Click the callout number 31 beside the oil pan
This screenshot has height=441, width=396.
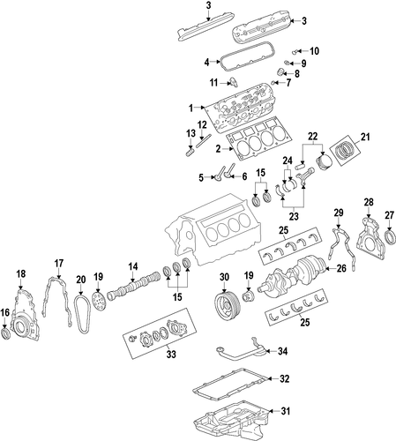pyautogui.click(x=285, y=411)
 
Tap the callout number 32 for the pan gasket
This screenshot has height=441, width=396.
pyautogui.click(x=284, y=378)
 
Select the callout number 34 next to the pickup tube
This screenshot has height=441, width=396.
pyautogui.click(x=282, y=351)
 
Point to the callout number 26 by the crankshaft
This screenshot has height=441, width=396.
pyautogui.click(x=341, y=268)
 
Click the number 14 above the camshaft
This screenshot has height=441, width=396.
pyautogui.click(x=133, y=266)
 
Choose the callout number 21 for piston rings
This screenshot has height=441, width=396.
pyautogui.click(x=365, y=137)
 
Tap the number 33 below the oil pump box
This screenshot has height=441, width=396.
pyautogui.click(x=171, y=354)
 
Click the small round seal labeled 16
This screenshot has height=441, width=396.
pyautogui.click(x=5, y=334)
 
